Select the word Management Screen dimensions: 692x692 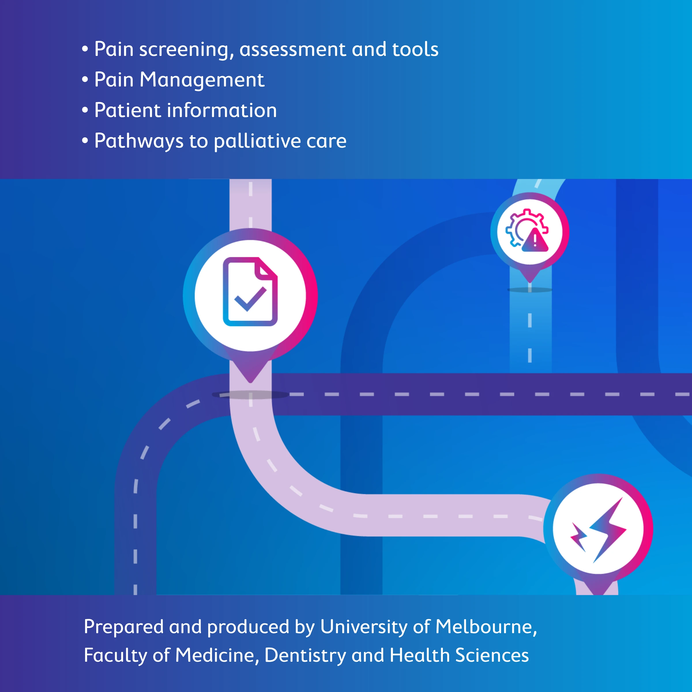click(202, 80)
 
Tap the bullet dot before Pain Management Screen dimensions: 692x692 click(85, 80)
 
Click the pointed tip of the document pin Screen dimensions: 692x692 click(250, 382)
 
